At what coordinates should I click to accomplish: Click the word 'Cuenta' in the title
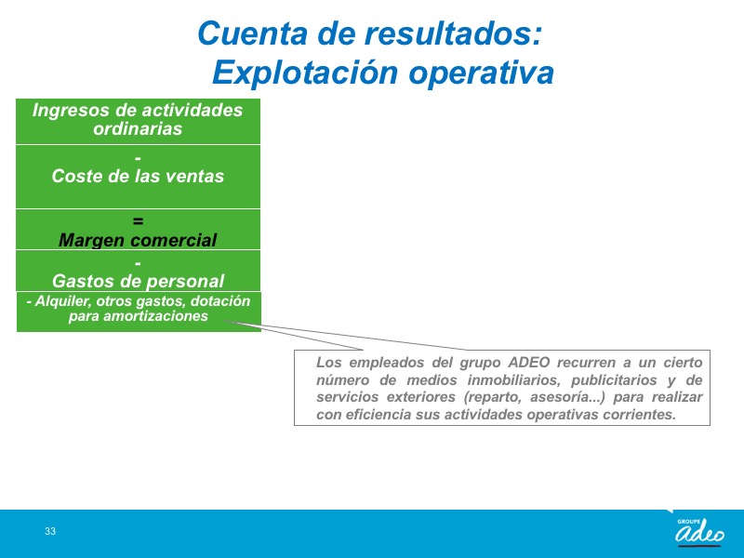tap(252, 33)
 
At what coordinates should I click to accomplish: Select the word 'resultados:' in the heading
tap(452, 33)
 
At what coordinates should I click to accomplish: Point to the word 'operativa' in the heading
tap(481, 73)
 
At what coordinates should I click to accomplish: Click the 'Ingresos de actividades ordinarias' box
tap(138, 122)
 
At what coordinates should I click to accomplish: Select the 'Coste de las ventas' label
tap(138, 176)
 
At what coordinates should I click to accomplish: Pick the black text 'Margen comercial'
tap(138, 240)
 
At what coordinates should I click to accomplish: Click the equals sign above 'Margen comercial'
tap(138, 221)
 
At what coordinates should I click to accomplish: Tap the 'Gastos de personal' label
tap(138, 281)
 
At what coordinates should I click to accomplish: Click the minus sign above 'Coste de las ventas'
tap(138, 158)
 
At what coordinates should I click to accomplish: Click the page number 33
tap(50, 531)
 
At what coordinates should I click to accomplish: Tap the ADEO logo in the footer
tap(699, 531)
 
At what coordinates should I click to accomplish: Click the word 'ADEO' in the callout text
tap(528, 362)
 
